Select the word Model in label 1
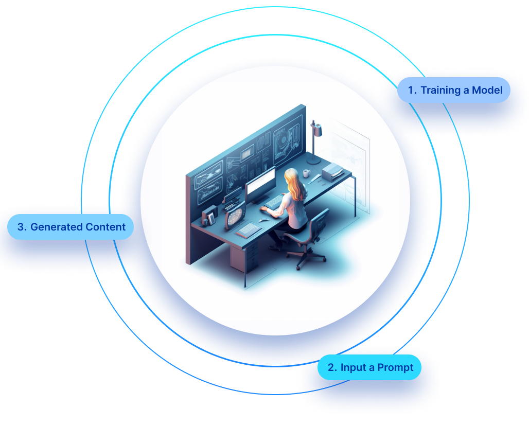coord(487,90)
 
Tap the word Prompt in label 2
coord(395,367)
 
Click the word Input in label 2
coord(352,367)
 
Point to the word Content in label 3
coord(105,227)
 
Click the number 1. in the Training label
coord(412,90)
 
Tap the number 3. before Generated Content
coord(22,227)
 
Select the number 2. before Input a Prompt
coord(332,367)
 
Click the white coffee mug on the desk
coord(307,173)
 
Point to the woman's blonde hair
coord(295,185)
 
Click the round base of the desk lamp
coord(314,163)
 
